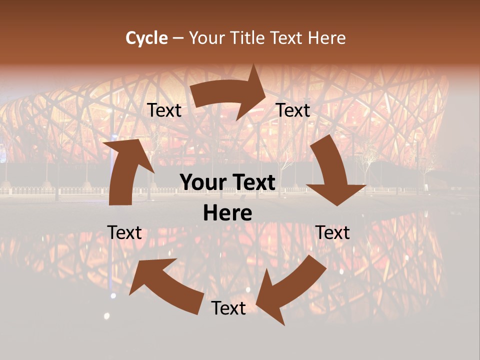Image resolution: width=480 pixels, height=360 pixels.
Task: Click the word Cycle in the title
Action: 146,38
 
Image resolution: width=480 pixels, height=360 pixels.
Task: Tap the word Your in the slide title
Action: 206,38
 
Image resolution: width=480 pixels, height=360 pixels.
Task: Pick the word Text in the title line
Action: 287,38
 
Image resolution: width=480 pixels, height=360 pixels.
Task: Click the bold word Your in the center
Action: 202,182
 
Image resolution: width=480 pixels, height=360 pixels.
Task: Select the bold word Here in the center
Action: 227,213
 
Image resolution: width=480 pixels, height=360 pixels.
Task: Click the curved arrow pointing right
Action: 230,92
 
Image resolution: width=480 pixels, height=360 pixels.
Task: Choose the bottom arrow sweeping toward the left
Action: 165,285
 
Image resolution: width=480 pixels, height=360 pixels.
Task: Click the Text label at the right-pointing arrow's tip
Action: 293,110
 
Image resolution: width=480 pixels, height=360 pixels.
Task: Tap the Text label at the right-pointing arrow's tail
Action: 164,110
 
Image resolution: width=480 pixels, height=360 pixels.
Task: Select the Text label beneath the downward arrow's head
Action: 333,232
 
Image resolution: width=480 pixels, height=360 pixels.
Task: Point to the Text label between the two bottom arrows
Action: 228,308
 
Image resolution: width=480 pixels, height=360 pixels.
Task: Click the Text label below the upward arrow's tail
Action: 124,232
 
